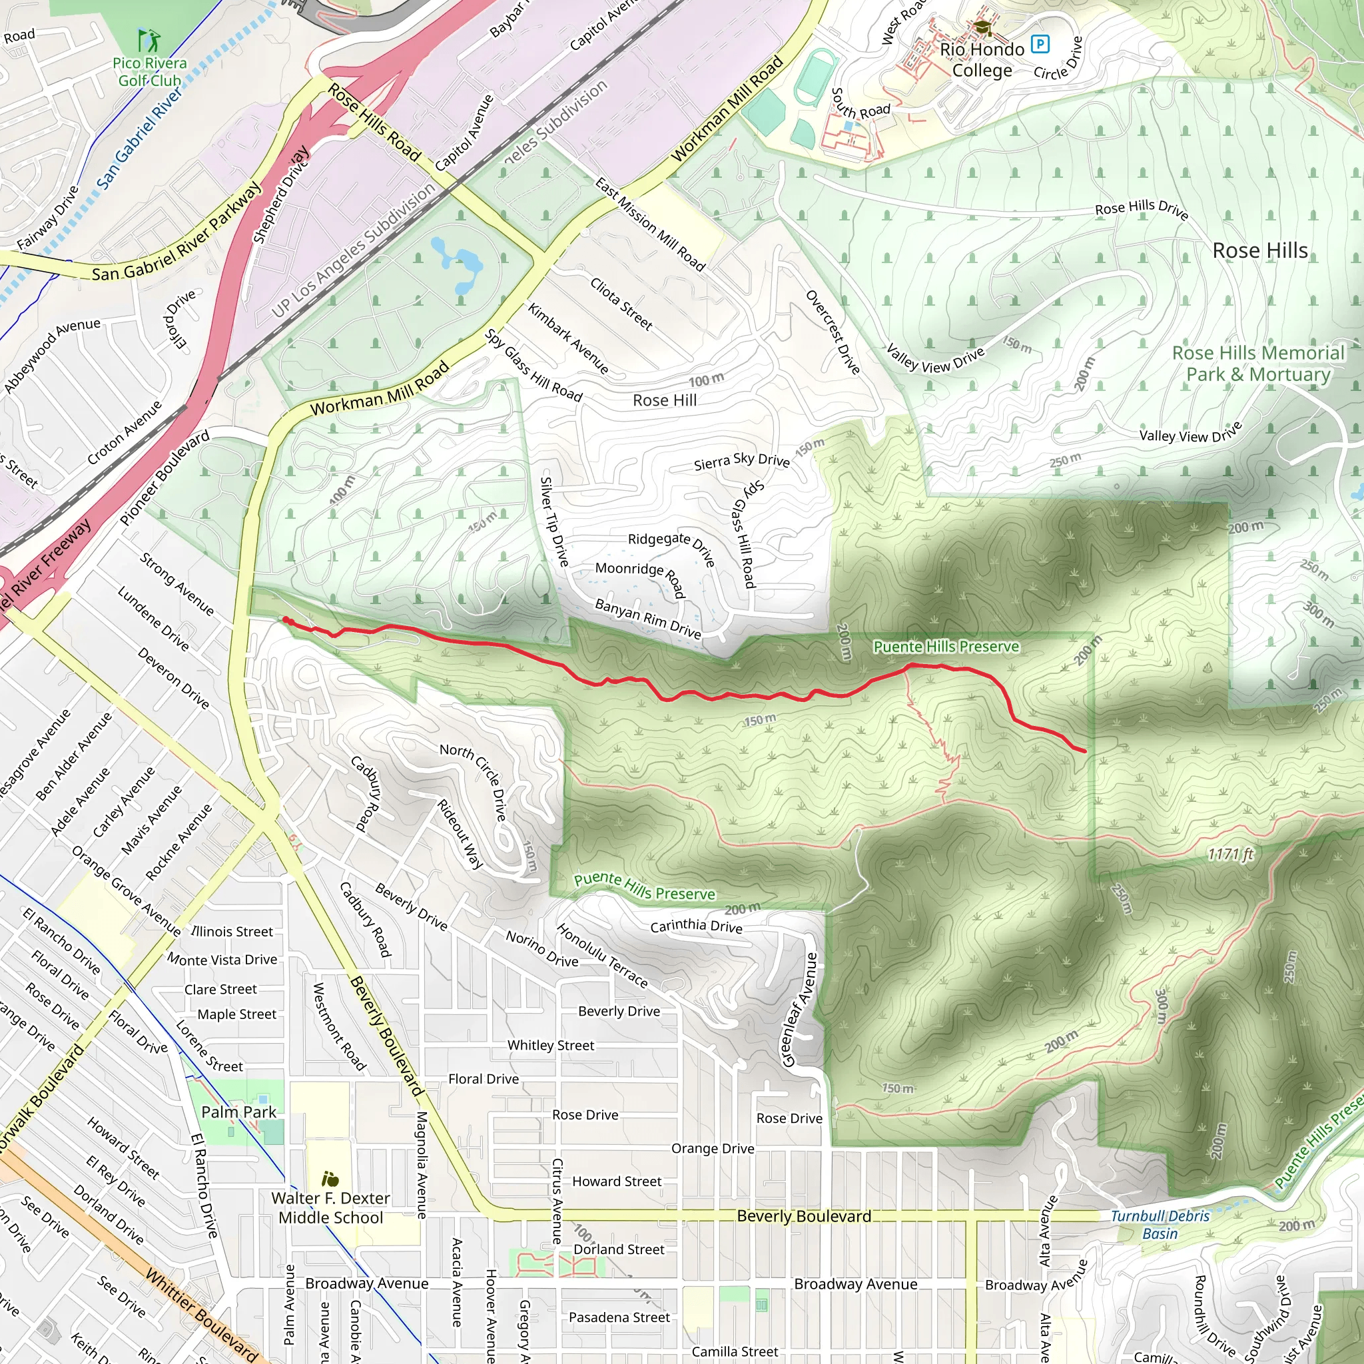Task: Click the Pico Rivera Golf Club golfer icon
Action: coord(150,40)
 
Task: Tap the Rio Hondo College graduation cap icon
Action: coord(982,28)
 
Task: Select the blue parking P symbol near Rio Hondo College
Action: coord(1040,44)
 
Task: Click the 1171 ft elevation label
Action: coord(1230,854)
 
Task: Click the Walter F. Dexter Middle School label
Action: coord(330,1208)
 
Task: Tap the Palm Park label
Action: coord(238,1112)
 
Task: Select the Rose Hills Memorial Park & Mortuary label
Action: coord(1258,364)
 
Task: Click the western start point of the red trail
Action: coord(286,620)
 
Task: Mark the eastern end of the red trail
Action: coord(1084,751)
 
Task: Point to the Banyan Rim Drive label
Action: coord(648,619)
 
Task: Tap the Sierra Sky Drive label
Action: coord(741,461)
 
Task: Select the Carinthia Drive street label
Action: coord(696,926)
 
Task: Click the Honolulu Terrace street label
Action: coord(602,956)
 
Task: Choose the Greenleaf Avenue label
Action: coord(800,1010)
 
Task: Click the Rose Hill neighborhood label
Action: coord(664,400)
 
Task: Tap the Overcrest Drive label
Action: coord(833,332)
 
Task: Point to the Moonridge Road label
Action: coord(640,579)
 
